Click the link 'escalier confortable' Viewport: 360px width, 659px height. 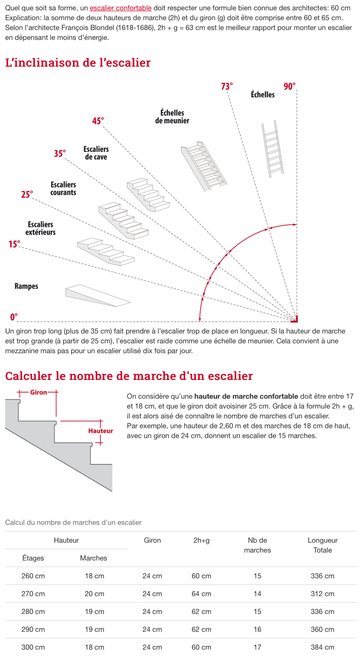coord(120,8)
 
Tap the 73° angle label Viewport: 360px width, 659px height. coord(227,86)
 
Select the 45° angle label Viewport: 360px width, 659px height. coord(98,121)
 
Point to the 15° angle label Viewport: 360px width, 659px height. coord(14,244)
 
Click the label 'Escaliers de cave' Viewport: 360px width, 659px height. coord(96,153)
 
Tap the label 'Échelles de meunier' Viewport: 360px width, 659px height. coord(172,117)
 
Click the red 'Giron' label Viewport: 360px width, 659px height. coord(38,392)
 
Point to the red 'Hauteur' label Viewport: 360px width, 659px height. coord(101,431)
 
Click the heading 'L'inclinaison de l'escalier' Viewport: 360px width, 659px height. coord(78,62)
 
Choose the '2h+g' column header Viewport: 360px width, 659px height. coord(202,540)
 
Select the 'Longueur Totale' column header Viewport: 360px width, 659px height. coord(322,545)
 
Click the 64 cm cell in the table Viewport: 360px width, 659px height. coord(202,594)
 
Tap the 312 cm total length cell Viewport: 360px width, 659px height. coord(322,594)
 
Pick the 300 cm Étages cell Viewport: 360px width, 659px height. coord(33,647)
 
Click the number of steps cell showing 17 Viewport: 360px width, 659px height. coord(257,647)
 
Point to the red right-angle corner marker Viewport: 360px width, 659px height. coord(294,320)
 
